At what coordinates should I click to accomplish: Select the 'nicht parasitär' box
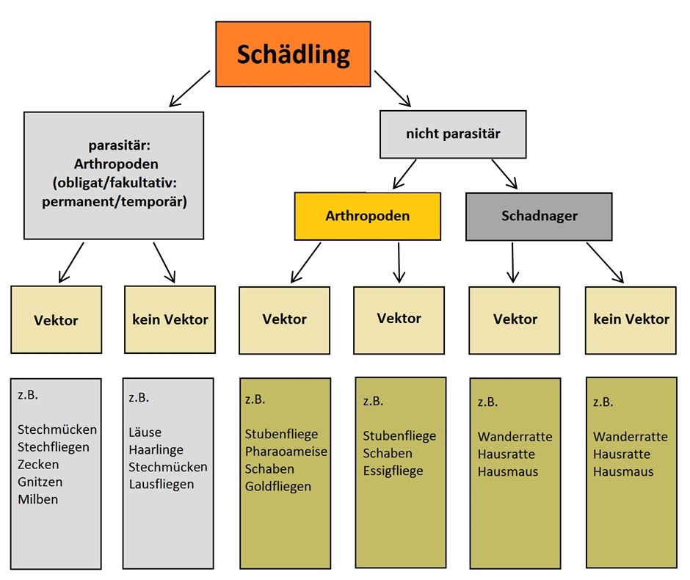(452, 134)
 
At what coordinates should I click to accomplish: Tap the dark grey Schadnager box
(539, 217)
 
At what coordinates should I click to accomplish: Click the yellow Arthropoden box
(367, 217)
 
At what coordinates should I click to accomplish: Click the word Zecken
(38, 465)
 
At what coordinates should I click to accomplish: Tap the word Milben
(38, 499)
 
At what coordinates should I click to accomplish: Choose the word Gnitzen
(40, 482)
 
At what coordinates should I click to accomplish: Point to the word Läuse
(145, 432)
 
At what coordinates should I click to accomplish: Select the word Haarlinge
(156, 449)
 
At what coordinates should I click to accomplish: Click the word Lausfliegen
(161, 484)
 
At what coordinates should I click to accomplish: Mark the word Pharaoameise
(286, 451)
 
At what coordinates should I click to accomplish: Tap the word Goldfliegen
(278, 486)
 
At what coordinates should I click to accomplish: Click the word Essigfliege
(393, 471)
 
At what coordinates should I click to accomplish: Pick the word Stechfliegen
(54, 447)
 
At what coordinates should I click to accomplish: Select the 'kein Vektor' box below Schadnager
(631, 319)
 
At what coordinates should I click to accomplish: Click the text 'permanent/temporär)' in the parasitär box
(114, 200)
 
